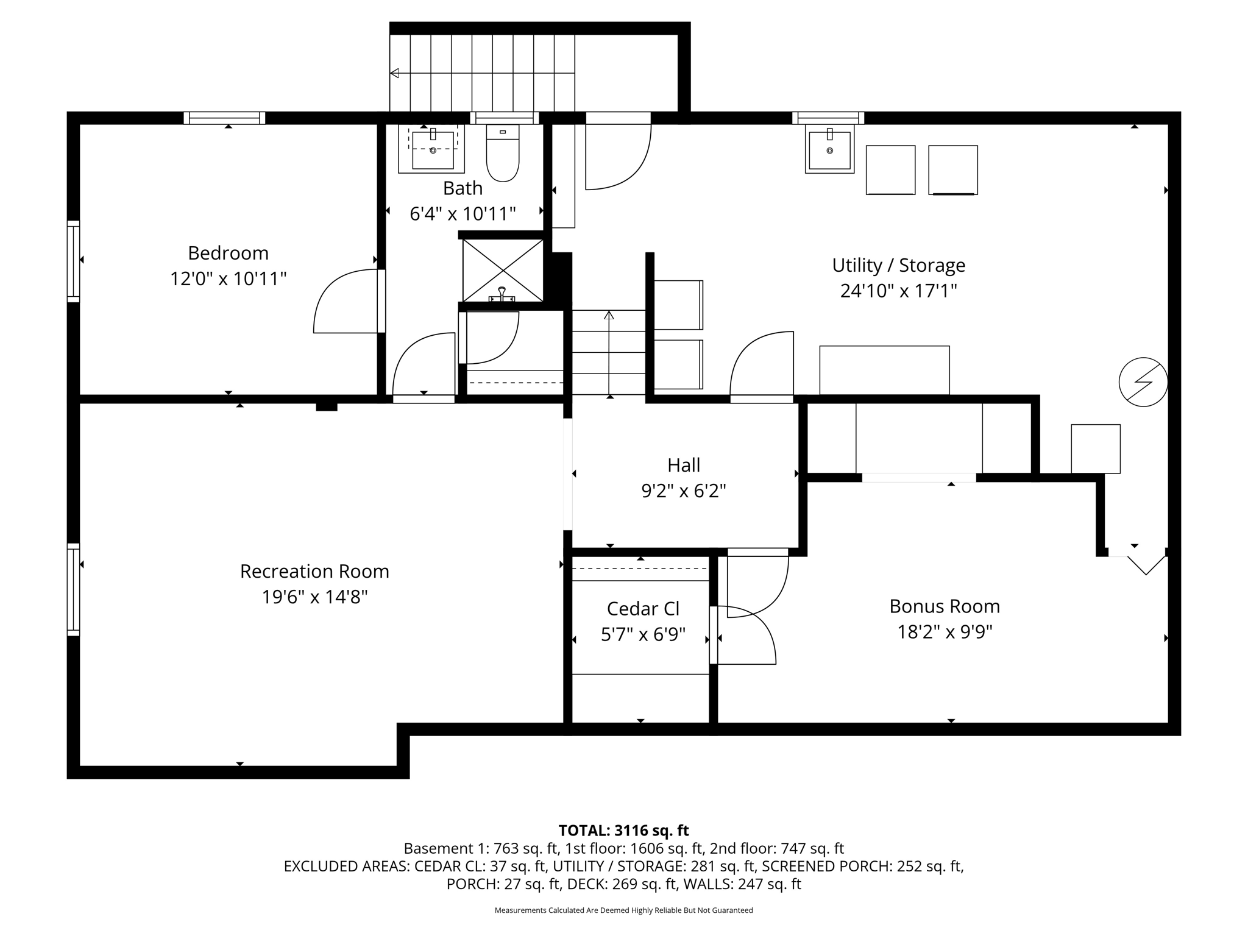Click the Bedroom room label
tap(228, 253)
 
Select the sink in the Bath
tap(433, 149)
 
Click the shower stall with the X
tap(503, 270)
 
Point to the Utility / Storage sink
tap(829, 149)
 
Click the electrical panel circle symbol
tap(1143, 382)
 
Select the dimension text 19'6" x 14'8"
tap(314, 597)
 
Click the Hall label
tap(683, 466)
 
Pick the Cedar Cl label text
tap(643, 609)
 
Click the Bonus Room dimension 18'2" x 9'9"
tap(945, 632)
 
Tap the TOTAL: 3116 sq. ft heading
tap(623, 831)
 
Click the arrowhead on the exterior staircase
tap(394, 73)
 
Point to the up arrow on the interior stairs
tap(609, 315)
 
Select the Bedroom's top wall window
tap(224, 118)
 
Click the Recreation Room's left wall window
tap(73, 589)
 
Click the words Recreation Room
tap(314, 572)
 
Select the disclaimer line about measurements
tap(623, 910)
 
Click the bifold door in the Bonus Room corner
tap(1146, 564)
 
